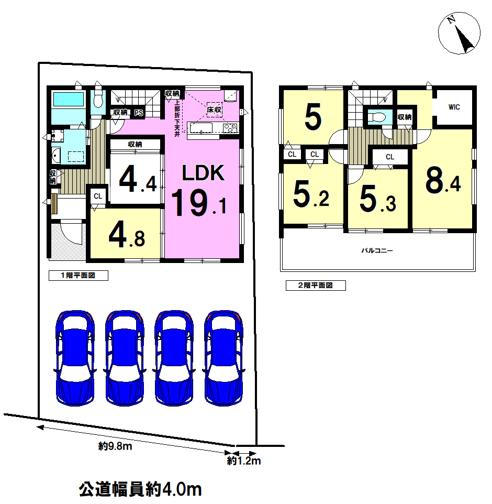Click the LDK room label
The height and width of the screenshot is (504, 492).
coord(203,173)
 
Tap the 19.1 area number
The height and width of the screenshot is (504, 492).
coord(199,203)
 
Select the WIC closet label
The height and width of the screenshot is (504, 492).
coord(454,107)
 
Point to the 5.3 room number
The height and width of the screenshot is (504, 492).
coord(378,199)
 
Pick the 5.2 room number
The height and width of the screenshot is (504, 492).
coord(311,193)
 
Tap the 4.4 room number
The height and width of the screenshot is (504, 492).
coord(138,179)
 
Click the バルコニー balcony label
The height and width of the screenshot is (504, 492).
coord(377,250)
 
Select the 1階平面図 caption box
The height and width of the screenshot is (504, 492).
coord(79,276)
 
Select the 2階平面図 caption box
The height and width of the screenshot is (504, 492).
coord(316,286)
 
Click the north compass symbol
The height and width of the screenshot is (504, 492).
coord(459,33)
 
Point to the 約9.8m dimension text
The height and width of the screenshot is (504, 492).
coord(115,446)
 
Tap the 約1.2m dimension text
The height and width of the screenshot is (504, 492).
coord(244,461)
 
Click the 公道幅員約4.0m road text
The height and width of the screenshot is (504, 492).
coord(140,489)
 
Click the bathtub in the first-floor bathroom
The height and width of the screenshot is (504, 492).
coord(69,100)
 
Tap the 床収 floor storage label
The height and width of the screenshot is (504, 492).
coord(214,109)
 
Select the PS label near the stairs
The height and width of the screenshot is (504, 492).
coord(139,113)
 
